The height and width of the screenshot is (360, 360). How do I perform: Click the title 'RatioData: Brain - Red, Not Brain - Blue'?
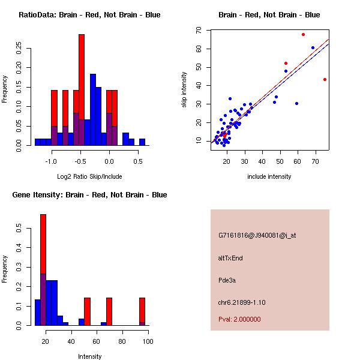click(x=89, y=15)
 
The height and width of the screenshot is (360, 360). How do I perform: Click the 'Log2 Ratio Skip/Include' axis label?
click(x=89, y=176)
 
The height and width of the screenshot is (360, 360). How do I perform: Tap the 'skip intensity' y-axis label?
click(x=185, y=90)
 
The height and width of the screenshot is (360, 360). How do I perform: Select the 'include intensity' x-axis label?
click(x=269, y=176)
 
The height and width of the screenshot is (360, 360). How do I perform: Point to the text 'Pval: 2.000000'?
click(x=239, y=319)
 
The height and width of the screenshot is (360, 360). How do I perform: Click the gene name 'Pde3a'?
click(x=228, y=280)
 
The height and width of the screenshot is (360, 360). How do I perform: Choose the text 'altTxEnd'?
click(x=230, y=258)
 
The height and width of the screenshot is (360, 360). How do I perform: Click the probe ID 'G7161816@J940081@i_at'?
click(x=257, y=235)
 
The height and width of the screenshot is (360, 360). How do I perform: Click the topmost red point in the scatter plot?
click(x=303, y=35)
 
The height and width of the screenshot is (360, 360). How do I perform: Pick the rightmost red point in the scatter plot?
click(x=325, y=79)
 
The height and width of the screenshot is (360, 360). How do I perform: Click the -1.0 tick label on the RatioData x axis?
click(x=51, y=161)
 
